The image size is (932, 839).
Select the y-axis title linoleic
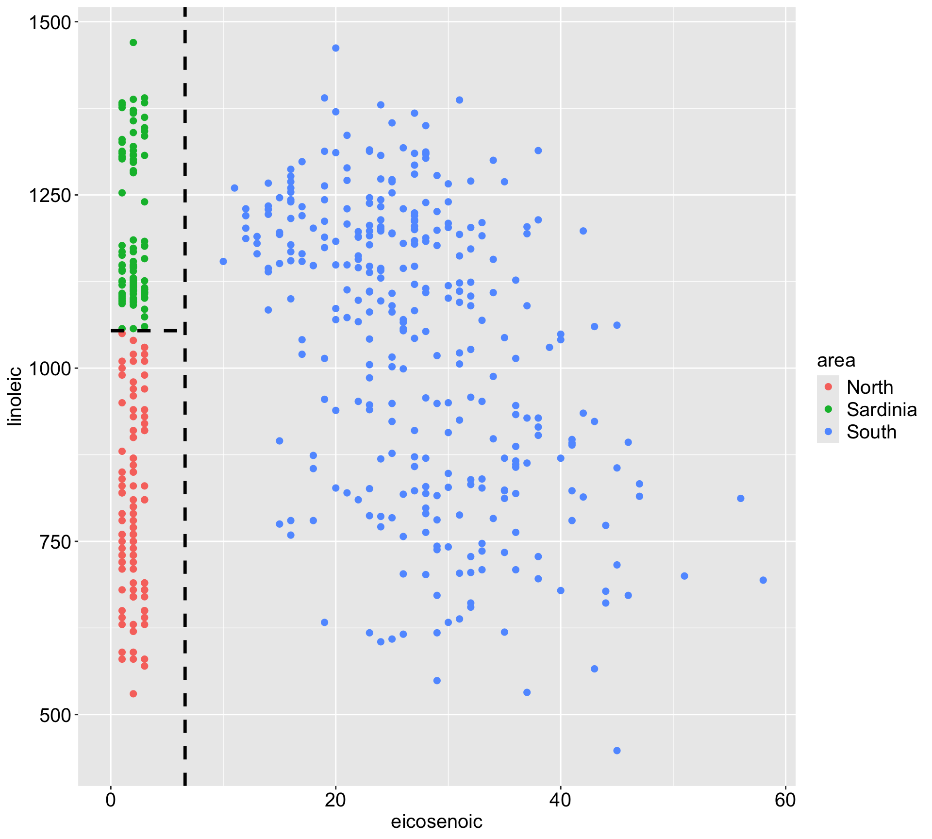point(16,396)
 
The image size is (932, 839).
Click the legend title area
point(836,360)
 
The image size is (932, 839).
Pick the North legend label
point(869,387)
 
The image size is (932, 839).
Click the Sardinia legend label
point(882,410)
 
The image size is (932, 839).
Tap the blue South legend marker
point(828,432)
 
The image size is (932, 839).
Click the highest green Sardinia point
point(133,43)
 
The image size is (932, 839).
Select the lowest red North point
point(133,694)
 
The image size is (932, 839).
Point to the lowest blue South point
point(617,751)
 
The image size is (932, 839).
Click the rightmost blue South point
point(763,580)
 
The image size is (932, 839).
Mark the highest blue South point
point(335,48)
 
